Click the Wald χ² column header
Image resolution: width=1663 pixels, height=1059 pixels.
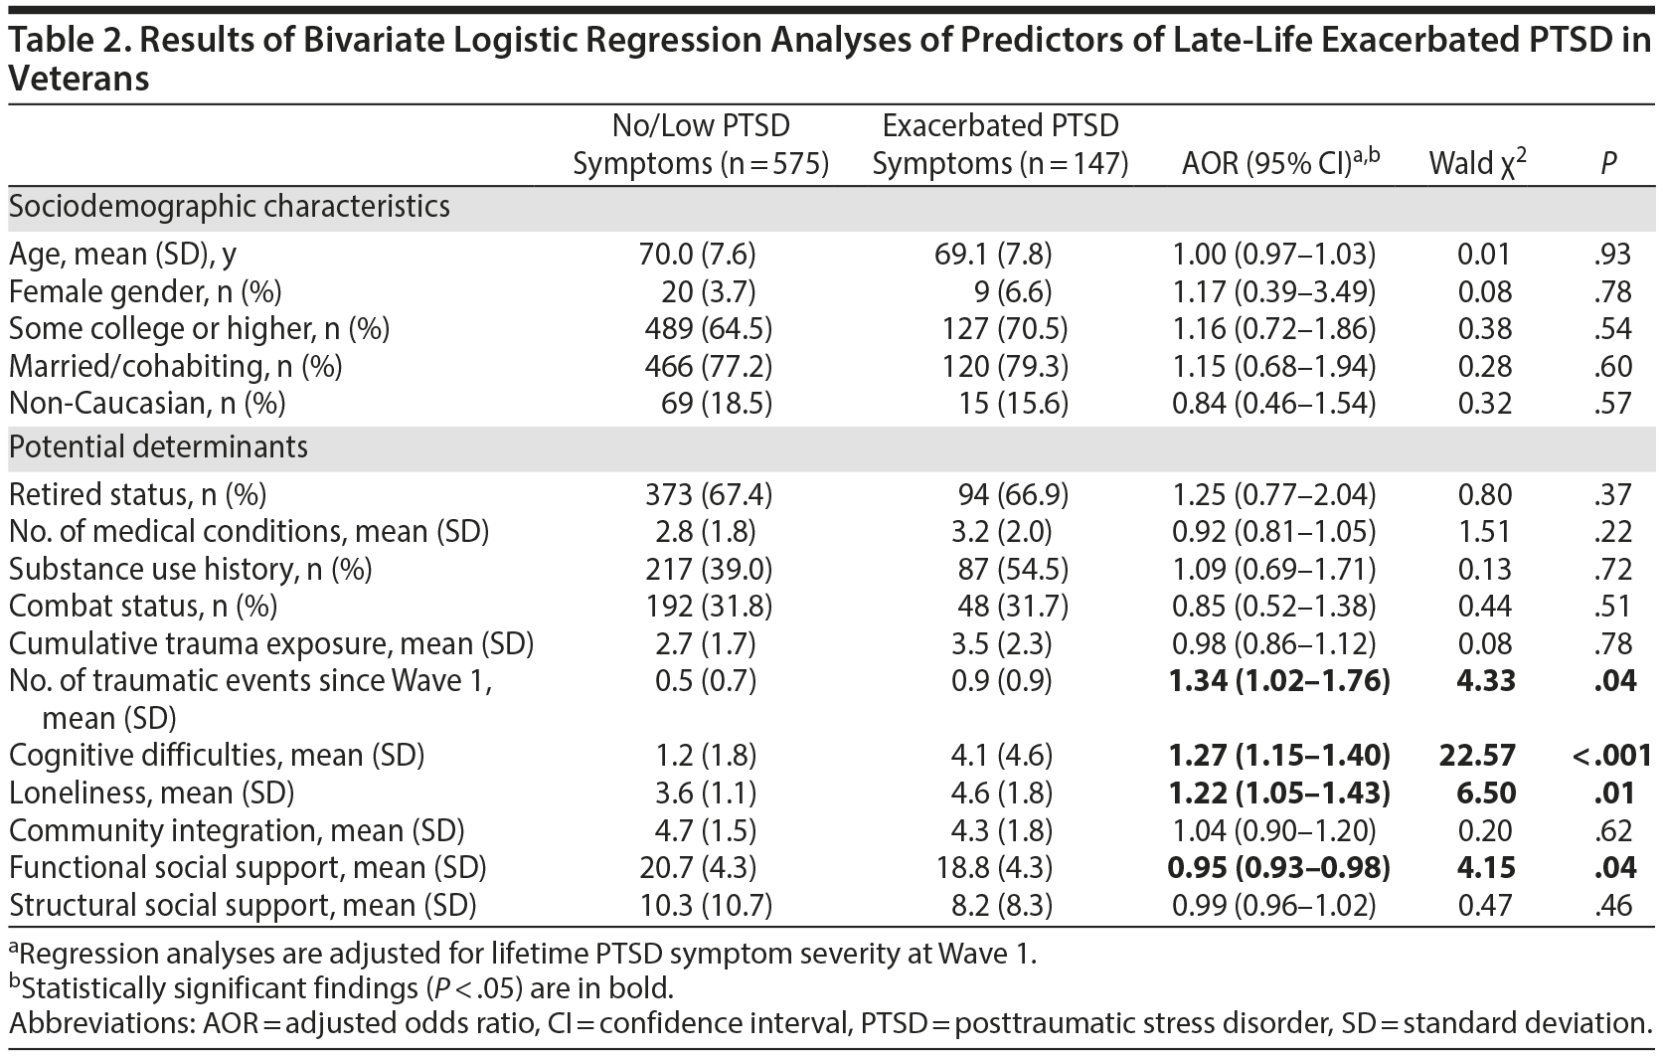coord(1477,163)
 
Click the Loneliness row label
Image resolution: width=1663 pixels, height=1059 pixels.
coord(152,794)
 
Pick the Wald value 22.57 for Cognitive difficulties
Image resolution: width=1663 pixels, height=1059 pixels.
coord(1477,756)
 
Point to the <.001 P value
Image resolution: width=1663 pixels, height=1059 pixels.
coord(1611,756)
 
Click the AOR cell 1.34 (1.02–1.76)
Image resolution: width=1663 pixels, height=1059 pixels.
coord(1280,681)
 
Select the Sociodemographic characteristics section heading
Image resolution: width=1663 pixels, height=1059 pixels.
coord(230,207)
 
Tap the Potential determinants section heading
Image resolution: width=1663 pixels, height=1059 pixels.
coord(159,447)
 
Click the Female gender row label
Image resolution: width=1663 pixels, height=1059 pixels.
coord(145,291)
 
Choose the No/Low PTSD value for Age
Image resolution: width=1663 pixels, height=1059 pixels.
coord(697,255)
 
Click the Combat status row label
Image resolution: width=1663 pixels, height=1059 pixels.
coord(143,607)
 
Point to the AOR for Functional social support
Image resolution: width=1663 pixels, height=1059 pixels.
coord(1280,868)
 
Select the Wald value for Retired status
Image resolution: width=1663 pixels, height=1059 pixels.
coord(1484,495)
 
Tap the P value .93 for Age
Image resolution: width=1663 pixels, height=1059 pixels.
coord(1611,255)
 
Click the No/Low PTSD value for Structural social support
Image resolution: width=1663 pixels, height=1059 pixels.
coord(705,906)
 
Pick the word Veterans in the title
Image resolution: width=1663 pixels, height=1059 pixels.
coord(79,79)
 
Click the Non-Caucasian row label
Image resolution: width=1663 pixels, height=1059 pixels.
coord(147,404)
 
